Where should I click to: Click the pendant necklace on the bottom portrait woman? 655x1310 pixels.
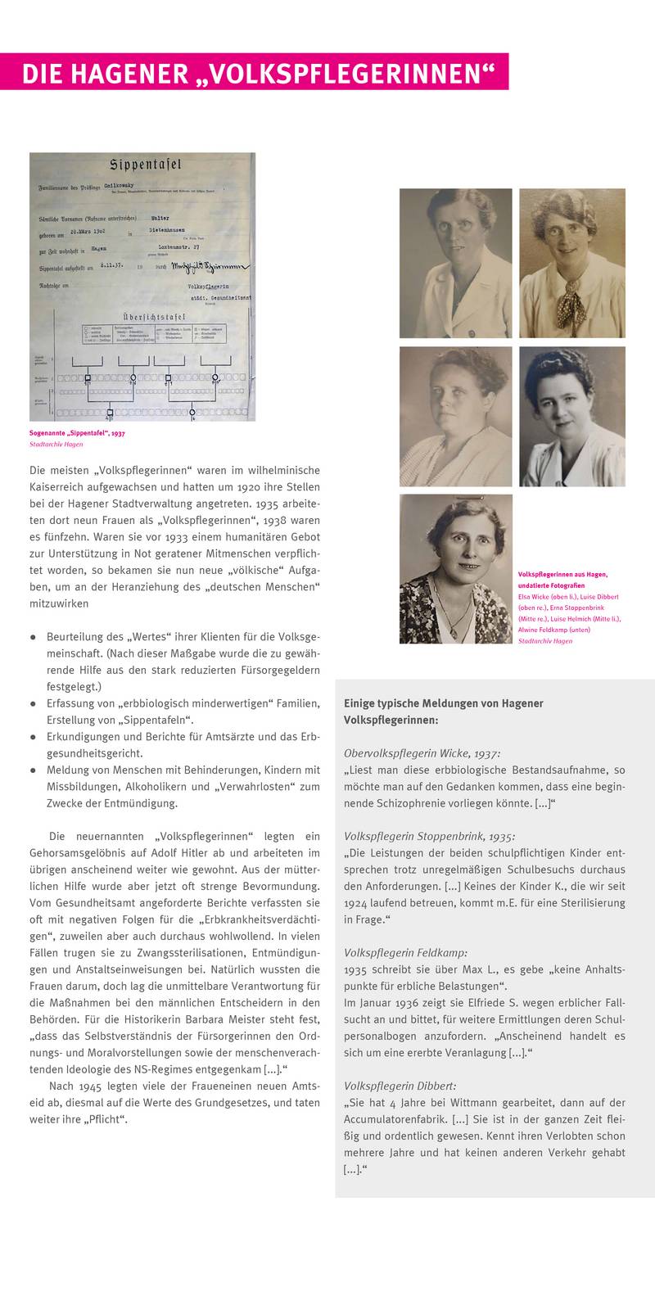(x=452, y=631)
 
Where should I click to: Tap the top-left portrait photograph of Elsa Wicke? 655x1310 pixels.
(x=455, y=263)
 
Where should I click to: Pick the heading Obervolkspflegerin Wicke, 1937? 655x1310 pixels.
(x=422, y=752)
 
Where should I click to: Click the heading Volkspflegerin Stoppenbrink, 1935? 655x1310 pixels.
(x=430, y=837)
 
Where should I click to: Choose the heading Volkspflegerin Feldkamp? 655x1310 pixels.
(x=406, y=952)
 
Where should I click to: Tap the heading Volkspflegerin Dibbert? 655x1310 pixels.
(x=400, y=1086)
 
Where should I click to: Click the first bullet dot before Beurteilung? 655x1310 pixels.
(x=33, y=636)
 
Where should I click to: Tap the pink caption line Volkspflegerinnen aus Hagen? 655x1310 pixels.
(x=562, y=575)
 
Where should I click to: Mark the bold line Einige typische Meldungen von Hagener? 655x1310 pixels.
(x=443, y=703)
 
